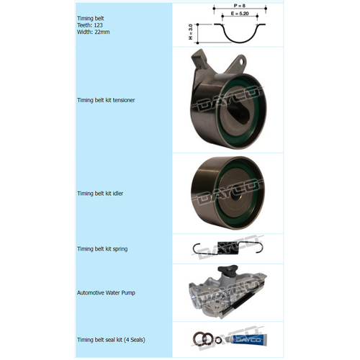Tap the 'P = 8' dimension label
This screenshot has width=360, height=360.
[x=230, y=6]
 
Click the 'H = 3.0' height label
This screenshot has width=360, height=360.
[x=190, y=32]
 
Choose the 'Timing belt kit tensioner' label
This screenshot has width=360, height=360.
[x=106, y=100]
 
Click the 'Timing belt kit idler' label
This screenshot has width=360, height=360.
[x=101, y=194]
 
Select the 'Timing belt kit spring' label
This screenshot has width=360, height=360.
[x=102, y=248]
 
